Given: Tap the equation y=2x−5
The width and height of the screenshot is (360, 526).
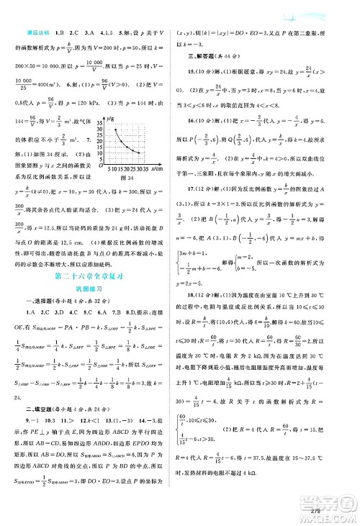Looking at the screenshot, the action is coord(204,284).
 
